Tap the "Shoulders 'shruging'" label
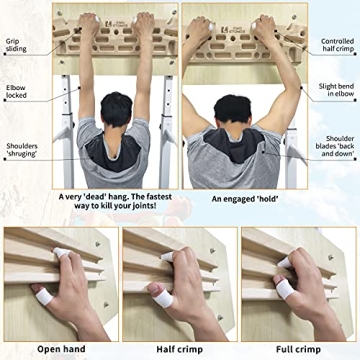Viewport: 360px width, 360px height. point(22,150)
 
